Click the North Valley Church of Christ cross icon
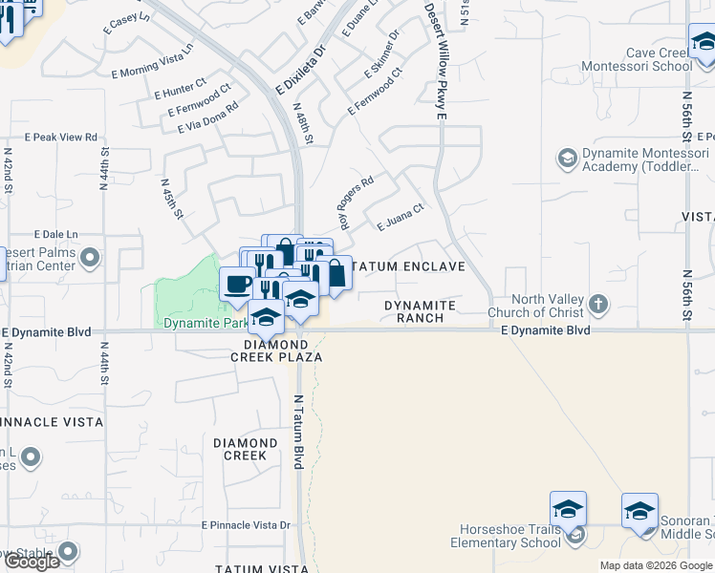click(598, 305)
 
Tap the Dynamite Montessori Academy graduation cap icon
click(567, 157)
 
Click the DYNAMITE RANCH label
click(421, 311)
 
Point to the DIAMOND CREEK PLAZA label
click(276, 350)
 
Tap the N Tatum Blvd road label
click(298, 432)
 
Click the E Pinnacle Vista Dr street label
click(246, 525)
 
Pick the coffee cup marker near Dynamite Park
click(236, 284)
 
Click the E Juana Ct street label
click(400, 218)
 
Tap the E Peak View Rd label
click(63, 138)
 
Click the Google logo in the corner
click(32, 562)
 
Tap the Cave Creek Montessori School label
click(646, 60)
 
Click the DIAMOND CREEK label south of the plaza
click(245, 449)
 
